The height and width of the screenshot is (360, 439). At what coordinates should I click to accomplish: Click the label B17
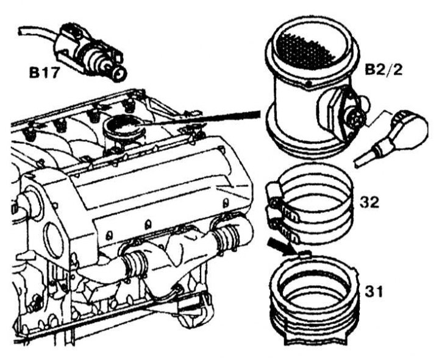click(x=44, y=73)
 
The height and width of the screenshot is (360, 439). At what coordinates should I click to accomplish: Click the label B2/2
click(x=384, y=70)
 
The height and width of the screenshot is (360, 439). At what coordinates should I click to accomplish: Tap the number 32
click(x=369, y=202)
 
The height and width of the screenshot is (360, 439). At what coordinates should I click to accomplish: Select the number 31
click(x=374, y=292)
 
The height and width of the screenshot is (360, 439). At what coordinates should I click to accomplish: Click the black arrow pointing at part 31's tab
click(x=280, y=246)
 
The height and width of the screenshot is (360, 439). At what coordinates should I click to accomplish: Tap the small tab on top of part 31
click(x=304, y=254)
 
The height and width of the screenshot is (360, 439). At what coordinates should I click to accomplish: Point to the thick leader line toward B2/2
click(x=202, y=118)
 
